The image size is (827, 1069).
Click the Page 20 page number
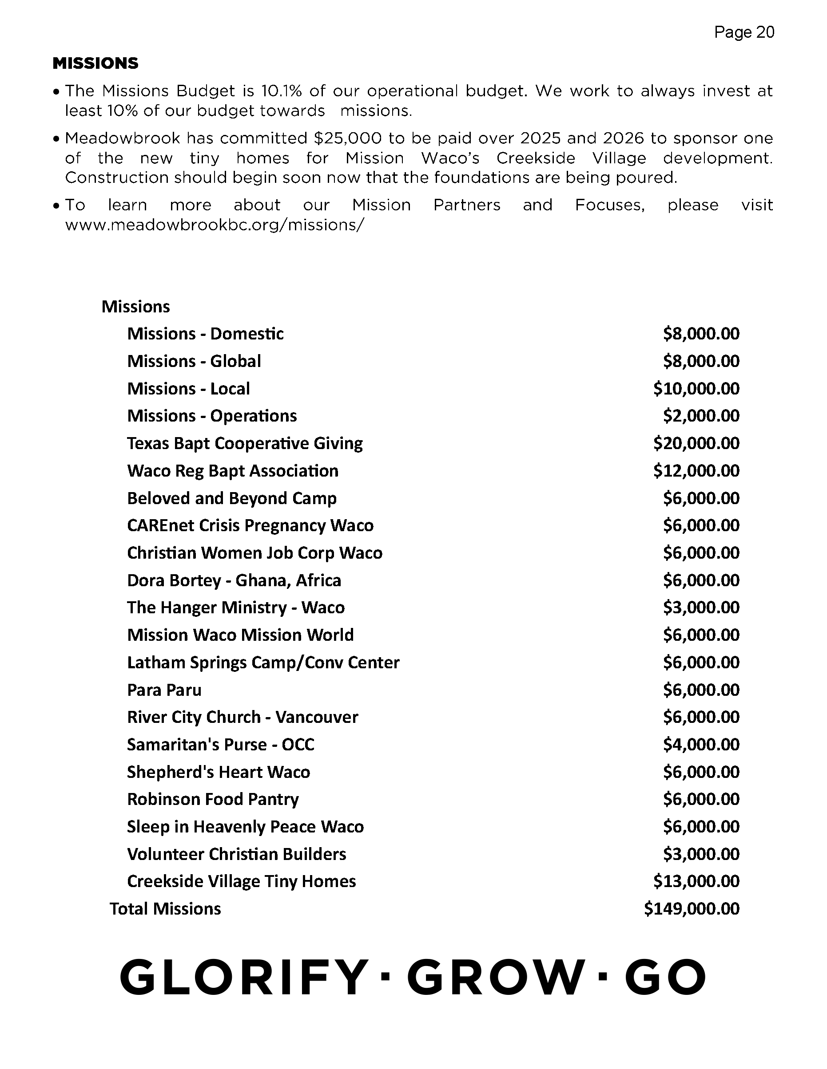tap(744, 32)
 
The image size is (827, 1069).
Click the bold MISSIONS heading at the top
tap(95, 63)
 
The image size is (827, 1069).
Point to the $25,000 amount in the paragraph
tap(347, 138)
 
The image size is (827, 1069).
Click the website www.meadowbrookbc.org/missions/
tap(215, 225)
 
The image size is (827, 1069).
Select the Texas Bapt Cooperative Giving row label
tap(245, 443)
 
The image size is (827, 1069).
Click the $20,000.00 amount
tap(696, 443)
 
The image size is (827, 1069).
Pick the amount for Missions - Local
tap(696, 389)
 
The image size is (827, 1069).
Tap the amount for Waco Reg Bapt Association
tap(696, 471)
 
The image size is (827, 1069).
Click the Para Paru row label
tap(164, 690)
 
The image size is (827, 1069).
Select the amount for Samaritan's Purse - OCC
tap(701, 745)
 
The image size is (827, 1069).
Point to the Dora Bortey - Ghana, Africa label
tap(234, 580)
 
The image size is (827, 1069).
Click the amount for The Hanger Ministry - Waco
tap(701, 607)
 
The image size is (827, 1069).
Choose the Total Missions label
tap(165, 909)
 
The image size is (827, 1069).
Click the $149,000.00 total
tap(691, 909)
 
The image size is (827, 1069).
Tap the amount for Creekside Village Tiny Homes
tap(696, 882)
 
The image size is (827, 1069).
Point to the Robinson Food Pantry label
tap(213, 799)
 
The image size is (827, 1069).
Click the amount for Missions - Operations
tap(701, 416)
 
